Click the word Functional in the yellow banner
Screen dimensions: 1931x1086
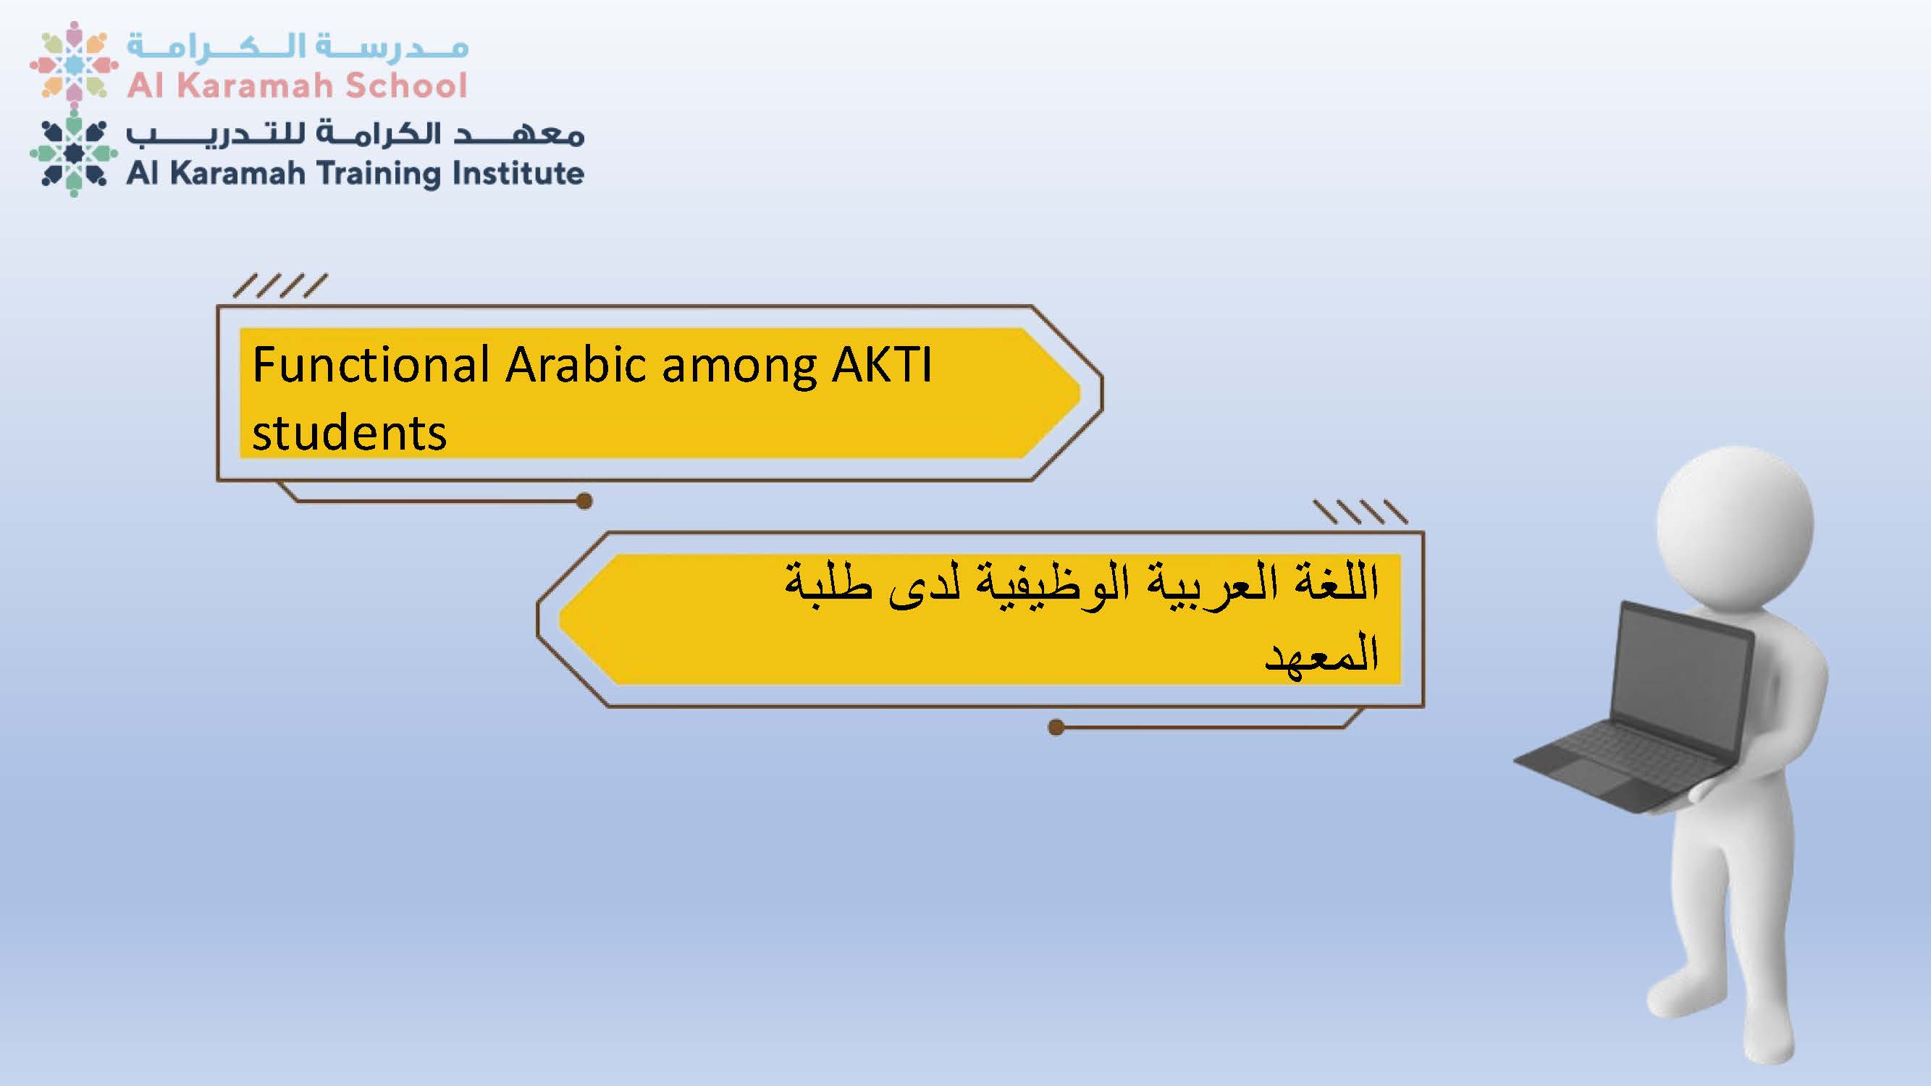pos(371,365)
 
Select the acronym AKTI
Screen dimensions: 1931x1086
pos(882,365)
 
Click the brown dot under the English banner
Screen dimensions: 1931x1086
pos(585,501)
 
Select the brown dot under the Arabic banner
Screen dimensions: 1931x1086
pos(1056,727)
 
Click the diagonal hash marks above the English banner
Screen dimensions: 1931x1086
pos(280,285)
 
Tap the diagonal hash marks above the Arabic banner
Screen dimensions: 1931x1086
pos(1360,511)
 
